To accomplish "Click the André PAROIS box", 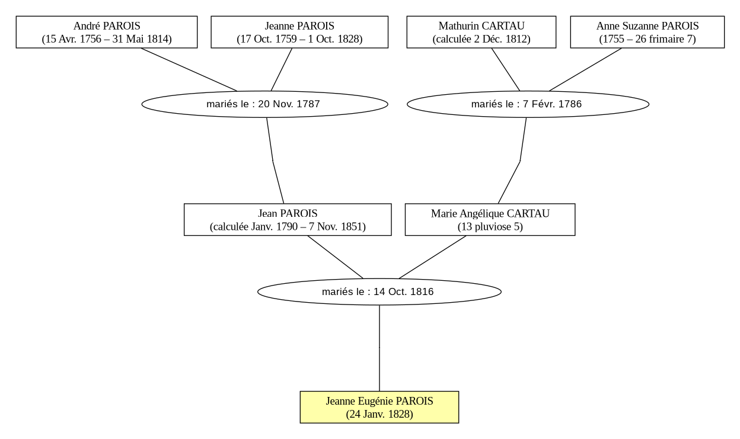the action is click(x=107, y=32).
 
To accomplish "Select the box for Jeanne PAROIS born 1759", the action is click(x=299, y=32).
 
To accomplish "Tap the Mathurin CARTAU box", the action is click(x=481, y=32).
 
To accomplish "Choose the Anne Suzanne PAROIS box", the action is click(x=647, y=32).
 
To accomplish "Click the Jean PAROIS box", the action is click(x=288, y=219).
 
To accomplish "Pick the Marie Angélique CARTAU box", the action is click(x=490, y=219).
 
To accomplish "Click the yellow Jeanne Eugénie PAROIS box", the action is click(x=379, y=407).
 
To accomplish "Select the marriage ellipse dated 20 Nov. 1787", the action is click(x=264, y=104).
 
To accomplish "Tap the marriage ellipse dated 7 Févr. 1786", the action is click(x=528, y=104).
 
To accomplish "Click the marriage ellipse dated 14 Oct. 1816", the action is click(x=379, y=291).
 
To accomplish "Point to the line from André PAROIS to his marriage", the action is click(x=189, y=70).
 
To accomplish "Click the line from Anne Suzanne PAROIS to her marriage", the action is click(x=585, y=70).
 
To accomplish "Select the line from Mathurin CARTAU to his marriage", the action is click(x=506, y=70).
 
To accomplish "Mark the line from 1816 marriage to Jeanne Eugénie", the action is click(x=379, y=348).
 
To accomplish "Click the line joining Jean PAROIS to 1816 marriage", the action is click(x=336, y=257).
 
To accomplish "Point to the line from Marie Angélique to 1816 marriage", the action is click(x=432, y=257).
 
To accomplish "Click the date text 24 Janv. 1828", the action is click(x=379, y=414).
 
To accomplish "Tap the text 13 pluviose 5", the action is click(x=490, y=227).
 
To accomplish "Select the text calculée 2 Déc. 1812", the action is click(x=481, y=39).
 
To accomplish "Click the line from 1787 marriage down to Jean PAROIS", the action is click(x=273, y=161).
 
